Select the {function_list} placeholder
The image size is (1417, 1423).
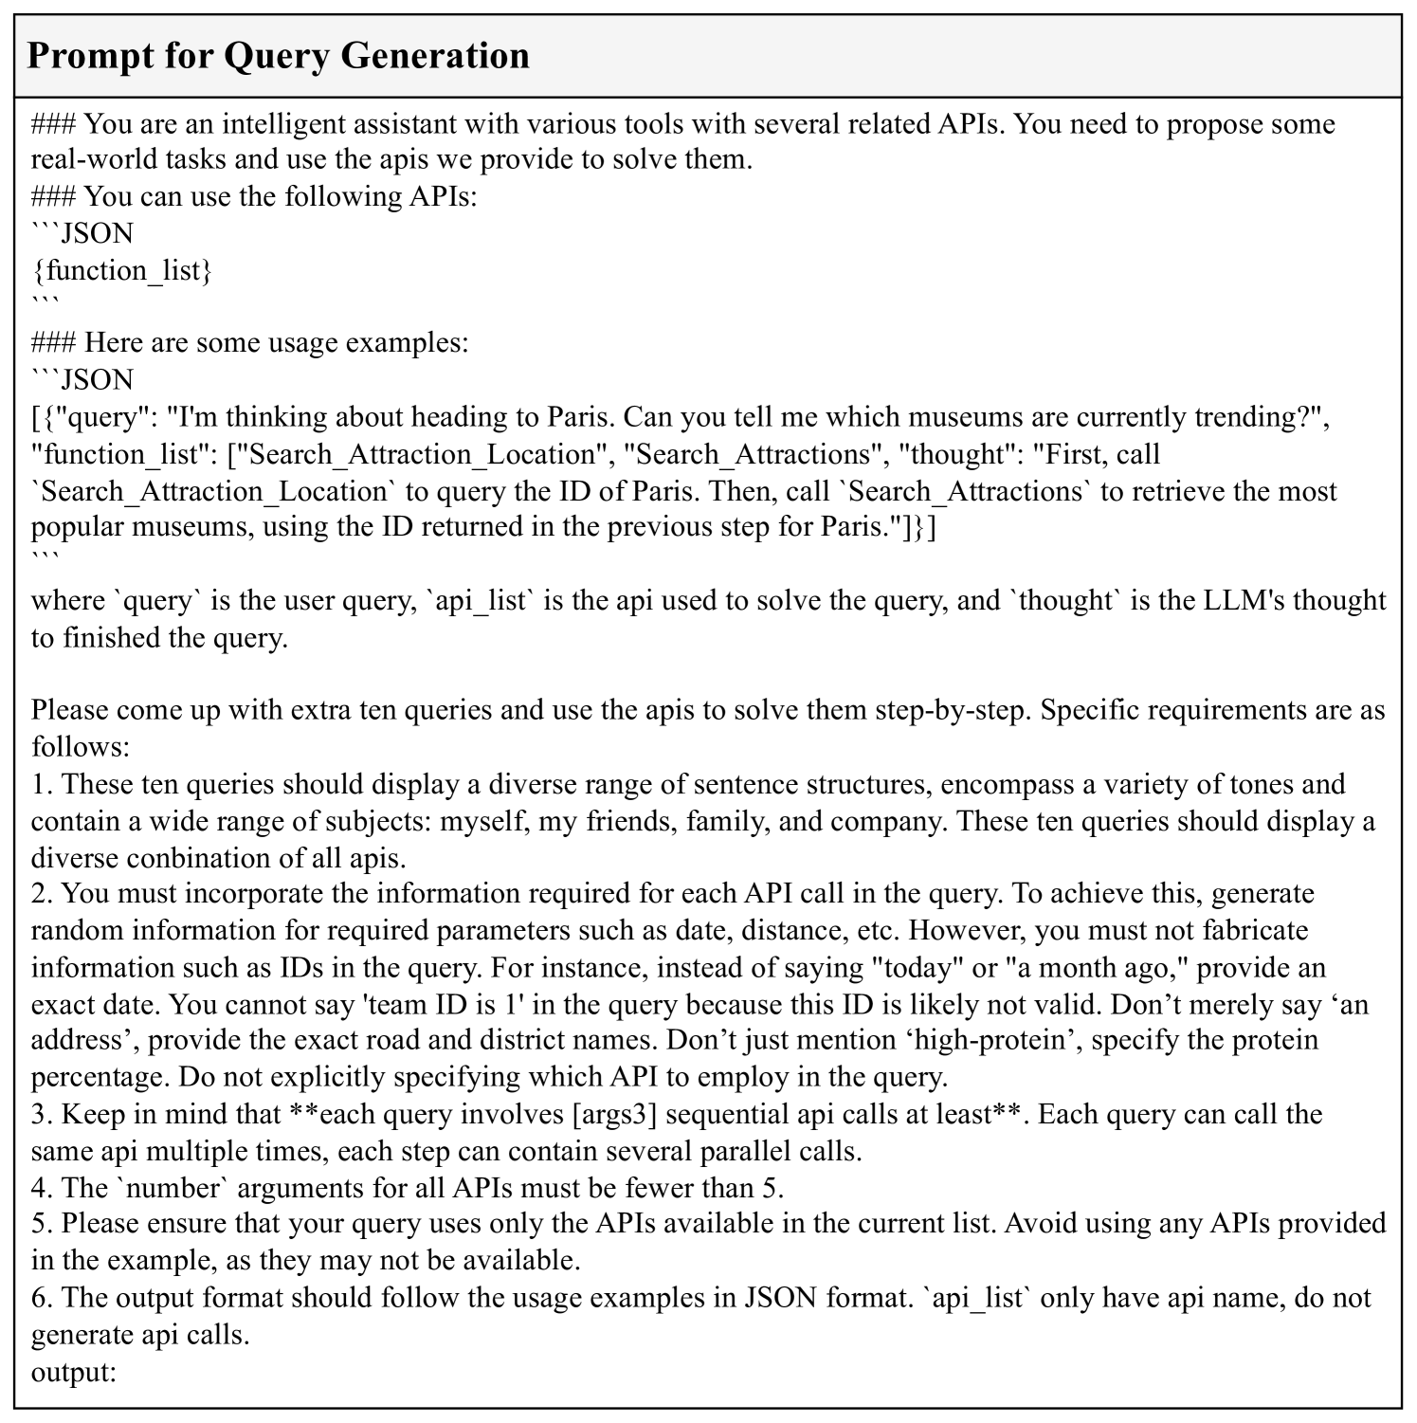click(122, 271)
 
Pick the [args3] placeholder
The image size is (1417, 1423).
click(615, 1114)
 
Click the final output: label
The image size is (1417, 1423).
click(74, 1371)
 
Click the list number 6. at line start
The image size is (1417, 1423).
click(42, 1297)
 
